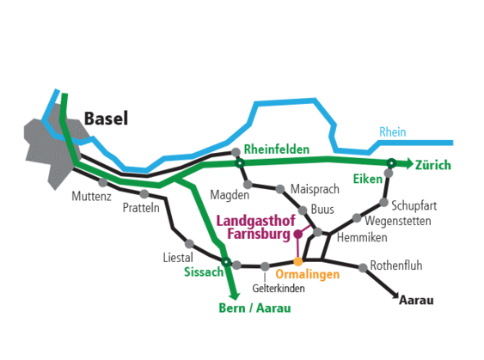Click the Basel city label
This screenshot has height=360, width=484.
tap(106, 119)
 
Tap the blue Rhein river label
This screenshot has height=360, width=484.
tap(392, 132)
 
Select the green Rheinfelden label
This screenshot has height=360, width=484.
tap(277, 149)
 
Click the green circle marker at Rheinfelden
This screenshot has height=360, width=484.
tap(241, 162)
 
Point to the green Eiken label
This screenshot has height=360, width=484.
tap(367, 178)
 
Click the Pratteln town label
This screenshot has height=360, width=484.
tap(141, 208)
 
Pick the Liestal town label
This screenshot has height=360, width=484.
tap(178, 257)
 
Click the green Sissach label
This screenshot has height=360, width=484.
tap(203, 272)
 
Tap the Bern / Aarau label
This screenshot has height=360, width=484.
tap(255, 307)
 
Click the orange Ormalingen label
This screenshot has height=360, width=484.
tap(308, 273)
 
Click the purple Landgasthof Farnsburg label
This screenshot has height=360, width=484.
tap(259, 226)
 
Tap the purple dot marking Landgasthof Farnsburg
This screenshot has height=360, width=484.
tap(298, 234)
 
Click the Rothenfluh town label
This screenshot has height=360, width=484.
tap(396, 265)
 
